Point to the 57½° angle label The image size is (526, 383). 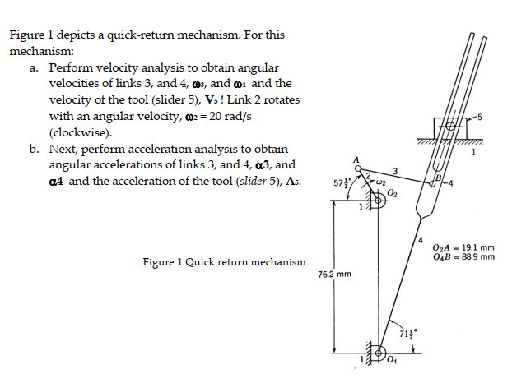[341, 182]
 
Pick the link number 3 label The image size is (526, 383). [396, 171]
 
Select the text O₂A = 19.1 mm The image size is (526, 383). [463, 247]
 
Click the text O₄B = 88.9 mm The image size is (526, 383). [463, 256]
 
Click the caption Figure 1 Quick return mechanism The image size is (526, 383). [224, 262]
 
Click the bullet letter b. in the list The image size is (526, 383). [34, 150]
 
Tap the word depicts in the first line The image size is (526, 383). [72, 35]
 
